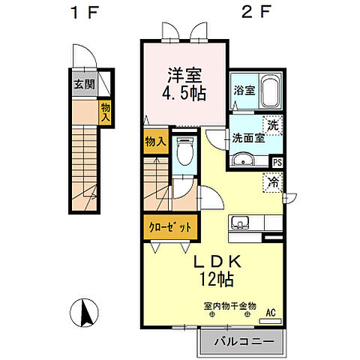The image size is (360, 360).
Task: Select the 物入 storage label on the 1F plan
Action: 106,113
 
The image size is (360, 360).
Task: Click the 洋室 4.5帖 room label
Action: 185,85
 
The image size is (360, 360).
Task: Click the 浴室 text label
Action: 243,90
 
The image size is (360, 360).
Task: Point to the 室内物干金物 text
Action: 229,307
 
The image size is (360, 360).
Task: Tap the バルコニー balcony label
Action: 241,343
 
